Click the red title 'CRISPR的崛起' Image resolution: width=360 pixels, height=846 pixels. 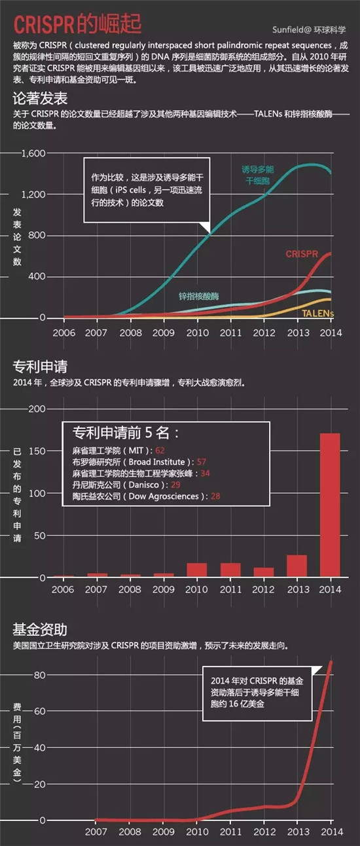click(77, 24)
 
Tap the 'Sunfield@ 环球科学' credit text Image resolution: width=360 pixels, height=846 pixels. click(309, 29)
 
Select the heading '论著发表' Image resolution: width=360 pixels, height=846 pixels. click(40, 99)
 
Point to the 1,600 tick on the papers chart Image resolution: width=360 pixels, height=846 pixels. click(33, 153)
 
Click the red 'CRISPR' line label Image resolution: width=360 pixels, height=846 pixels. click(302, 254)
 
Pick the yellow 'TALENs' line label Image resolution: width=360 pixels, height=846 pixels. click(317, 314)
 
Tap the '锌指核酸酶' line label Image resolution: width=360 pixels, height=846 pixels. click(198, 296)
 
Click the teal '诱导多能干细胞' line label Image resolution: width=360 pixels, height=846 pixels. click(258, 175)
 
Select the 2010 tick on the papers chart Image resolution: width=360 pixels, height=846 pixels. click(198, 333)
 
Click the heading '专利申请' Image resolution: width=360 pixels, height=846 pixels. click(40, 366)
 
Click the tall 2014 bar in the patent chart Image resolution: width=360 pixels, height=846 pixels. click(330, 506)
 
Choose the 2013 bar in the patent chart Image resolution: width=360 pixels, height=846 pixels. click(297, 566)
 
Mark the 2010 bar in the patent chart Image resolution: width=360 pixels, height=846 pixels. click(196, 570)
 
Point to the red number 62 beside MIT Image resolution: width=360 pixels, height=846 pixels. click(160, 451)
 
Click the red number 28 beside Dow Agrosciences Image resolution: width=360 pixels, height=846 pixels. click(215, 496)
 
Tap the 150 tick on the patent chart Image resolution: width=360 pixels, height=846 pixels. click(37, 451)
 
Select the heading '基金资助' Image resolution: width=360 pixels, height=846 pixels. click(40, 630)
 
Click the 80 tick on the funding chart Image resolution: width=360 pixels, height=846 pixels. click(40, 675)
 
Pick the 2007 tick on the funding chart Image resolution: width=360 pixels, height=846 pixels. click(96, 832)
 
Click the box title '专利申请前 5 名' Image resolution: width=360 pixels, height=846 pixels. click(126, 433)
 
